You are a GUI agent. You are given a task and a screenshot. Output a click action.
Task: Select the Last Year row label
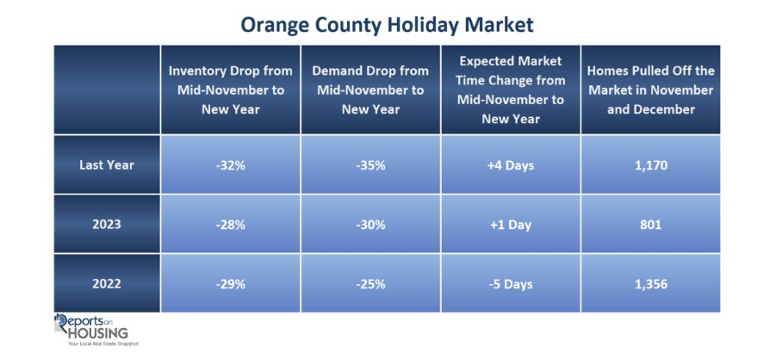(x=106, y=164)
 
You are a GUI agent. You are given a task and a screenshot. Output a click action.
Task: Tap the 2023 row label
(x=106, y=225)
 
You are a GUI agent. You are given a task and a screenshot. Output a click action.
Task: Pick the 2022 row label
(x=106, y=284)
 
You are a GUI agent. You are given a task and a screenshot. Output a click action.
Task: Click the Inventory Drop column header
(x=230, y=90)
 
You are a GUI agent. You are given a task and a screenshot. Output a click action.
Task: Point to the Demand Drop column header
(x=370, y=90)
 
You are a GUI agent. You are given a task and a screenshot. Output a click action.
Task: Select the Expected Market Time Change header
(x=510, y=90)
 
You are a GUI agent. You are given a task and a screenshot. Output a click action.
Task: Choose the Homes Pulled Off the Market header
(x=650, y=90)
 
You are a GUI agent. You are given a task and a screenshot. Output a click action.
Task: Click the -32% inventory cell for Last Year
(x=230, y=164)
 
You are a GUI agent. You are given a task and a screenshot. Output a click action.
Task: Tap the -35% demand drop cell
(x=370, y=164)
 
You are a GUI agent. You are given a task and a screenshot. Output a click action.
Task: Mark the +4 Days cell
(x=510, y=164)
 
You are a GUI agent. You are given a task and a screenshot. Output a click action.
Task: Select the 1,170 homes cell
(x=650, y=164)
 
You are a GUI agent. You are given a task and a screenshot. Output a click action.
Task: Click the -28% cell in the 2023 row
(x=230, y=225)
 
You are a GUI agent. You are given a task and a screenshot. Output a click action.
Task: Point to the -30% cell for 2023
(x=370, y=225)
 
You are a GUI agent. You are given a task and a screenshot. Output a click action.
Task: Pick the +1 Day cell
(x=510, y=225)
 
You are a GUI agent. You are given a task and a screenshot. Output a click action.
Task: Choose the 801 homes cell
(x=650, y=225)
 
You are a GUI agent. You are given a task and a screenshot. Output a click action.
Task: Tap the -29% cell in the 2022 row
(x=230, y=284)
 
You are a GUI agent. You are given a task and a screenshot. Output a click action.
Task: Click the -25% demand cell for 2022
(x=370, y=284)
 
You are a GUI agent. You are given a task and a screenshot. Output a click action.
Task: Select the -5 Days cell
(x=510, y=284)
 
